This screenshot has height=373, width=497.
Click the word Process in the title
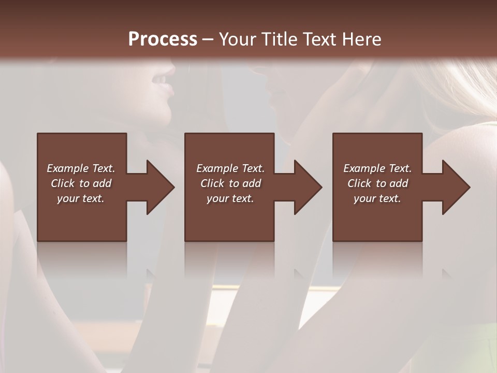(x=163, y=39)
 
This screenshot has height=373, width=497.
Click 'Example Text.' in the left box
(x=81, y=168)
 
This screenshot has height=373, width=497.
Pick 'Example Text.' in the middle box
(x=230, y=168)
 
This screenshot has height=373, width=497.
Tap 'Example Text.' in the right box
(x=377, y=168)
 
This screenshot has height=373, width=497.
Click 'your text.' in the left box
(x=81, y=198)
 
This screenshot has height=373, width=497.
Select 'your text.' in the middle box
(x=230, y=198)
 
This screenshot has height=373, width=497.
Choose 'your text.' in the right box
(x=377, y=198)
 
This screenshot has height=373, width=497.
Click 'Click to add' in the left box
(x=81, y=183)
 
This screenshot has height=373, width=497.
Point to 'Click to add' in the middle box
(x=230, y=183)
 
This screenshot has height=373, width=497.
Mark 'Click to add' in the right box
(x=377, y=183)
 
